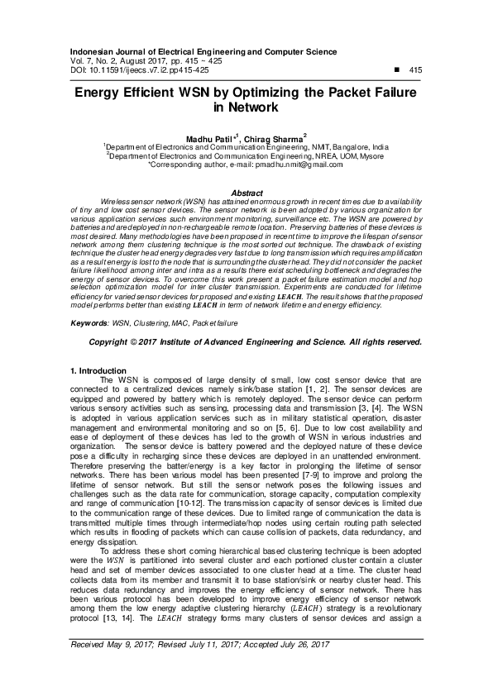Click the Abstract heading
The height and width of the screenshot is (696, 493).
pyautogui.click(x=247, y=193)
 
